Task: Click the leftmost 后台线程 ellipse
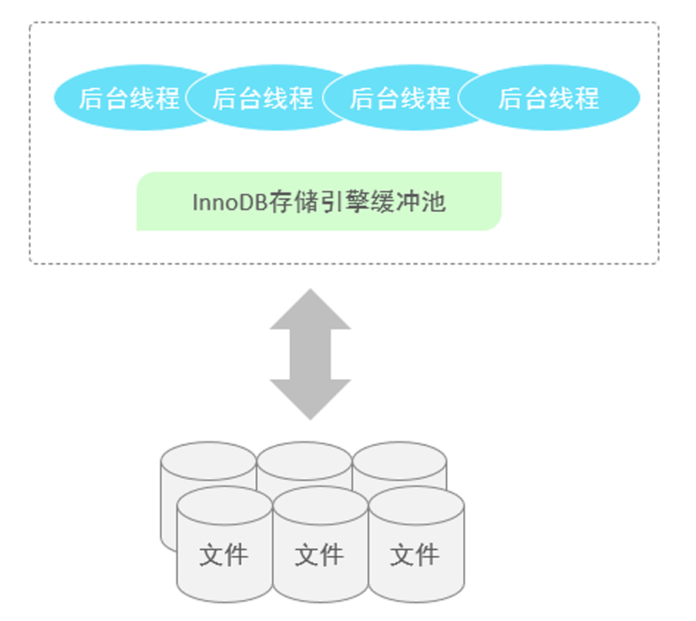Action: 128,98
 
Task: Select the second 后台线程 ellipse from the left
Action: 263,98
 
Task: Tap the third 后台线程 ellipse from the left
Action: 400,98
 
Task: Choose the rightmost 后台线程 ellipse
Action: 549,98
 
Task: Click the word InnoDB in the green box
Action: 229,202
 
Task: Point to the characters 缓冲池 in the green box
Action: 419,202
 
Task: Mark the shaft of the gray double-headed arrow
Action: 310,354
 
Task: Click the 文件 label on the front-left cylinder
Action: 224,555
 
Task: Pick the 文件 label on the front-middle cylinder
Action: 319,555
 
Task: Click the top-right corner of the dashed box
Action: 657,23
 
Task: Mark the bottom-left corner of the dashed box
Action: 31,263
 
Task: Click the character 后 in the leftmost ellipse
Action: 91,99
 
